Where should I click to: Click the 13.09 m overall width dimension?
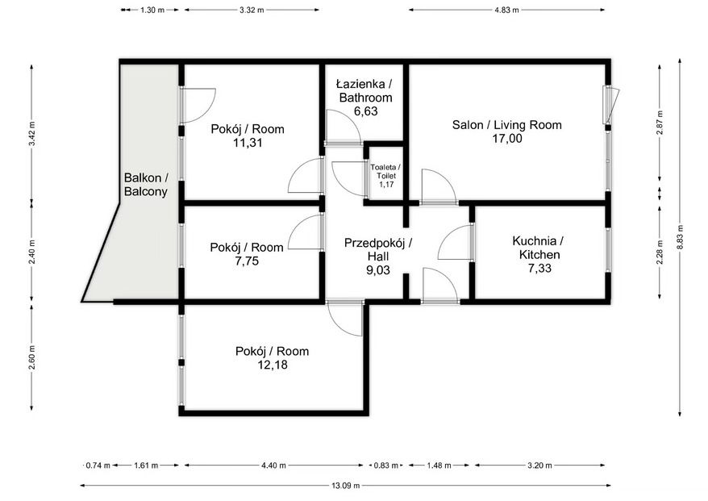tap(346, 486)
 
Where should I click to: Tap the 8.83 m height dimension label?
tap(680, 237)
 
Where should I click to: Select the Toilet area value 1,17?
tap(386, 184)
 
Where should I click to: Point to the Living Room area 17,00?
tap(507, 138)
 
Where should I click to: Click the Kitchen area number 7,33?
tap(539, 269)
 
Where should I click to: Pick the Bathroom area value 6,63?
tap(366, 111)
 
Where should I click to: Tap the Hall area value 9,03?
tap(378, 270)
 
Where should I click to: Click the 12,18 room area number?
tap(273, 365)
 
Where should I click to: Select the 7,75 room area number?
tap(247, 261)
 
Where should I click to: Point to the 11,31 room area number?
tap(248, 143)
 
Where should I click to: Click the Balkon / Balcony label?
tap(146, 184)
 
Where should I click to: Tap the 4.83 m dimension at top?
tap(506, 10)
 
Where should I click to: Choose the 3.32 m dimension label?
tap(252, 10)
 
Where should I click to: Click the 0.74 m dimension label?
tap(98, 466)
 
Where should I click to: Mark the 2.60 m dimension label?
tap(31, 357)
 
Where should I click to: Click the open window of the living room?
tap(612, 105)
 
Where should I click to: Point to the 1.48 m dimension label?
tap(439, 466)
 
